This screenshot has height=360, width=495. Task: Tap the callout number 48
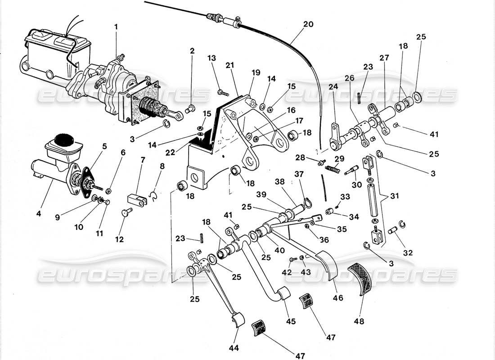click(x=359, y=321)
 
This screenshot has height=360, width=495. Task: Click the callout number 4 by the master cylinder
click(x=39, y=214)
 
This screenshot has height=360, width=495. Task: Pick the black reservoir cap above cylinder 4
click(x=63, y=139)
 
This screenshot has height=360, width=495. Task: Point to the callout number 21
click(x=230, y=66)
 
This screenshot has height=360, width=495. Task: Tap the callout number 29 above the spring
click(x=339, y=158)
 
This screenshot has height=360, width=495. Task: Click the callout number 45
click(x=290, y=321)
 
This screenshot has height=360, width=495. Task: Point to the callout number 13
click(x=212, y=58)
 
